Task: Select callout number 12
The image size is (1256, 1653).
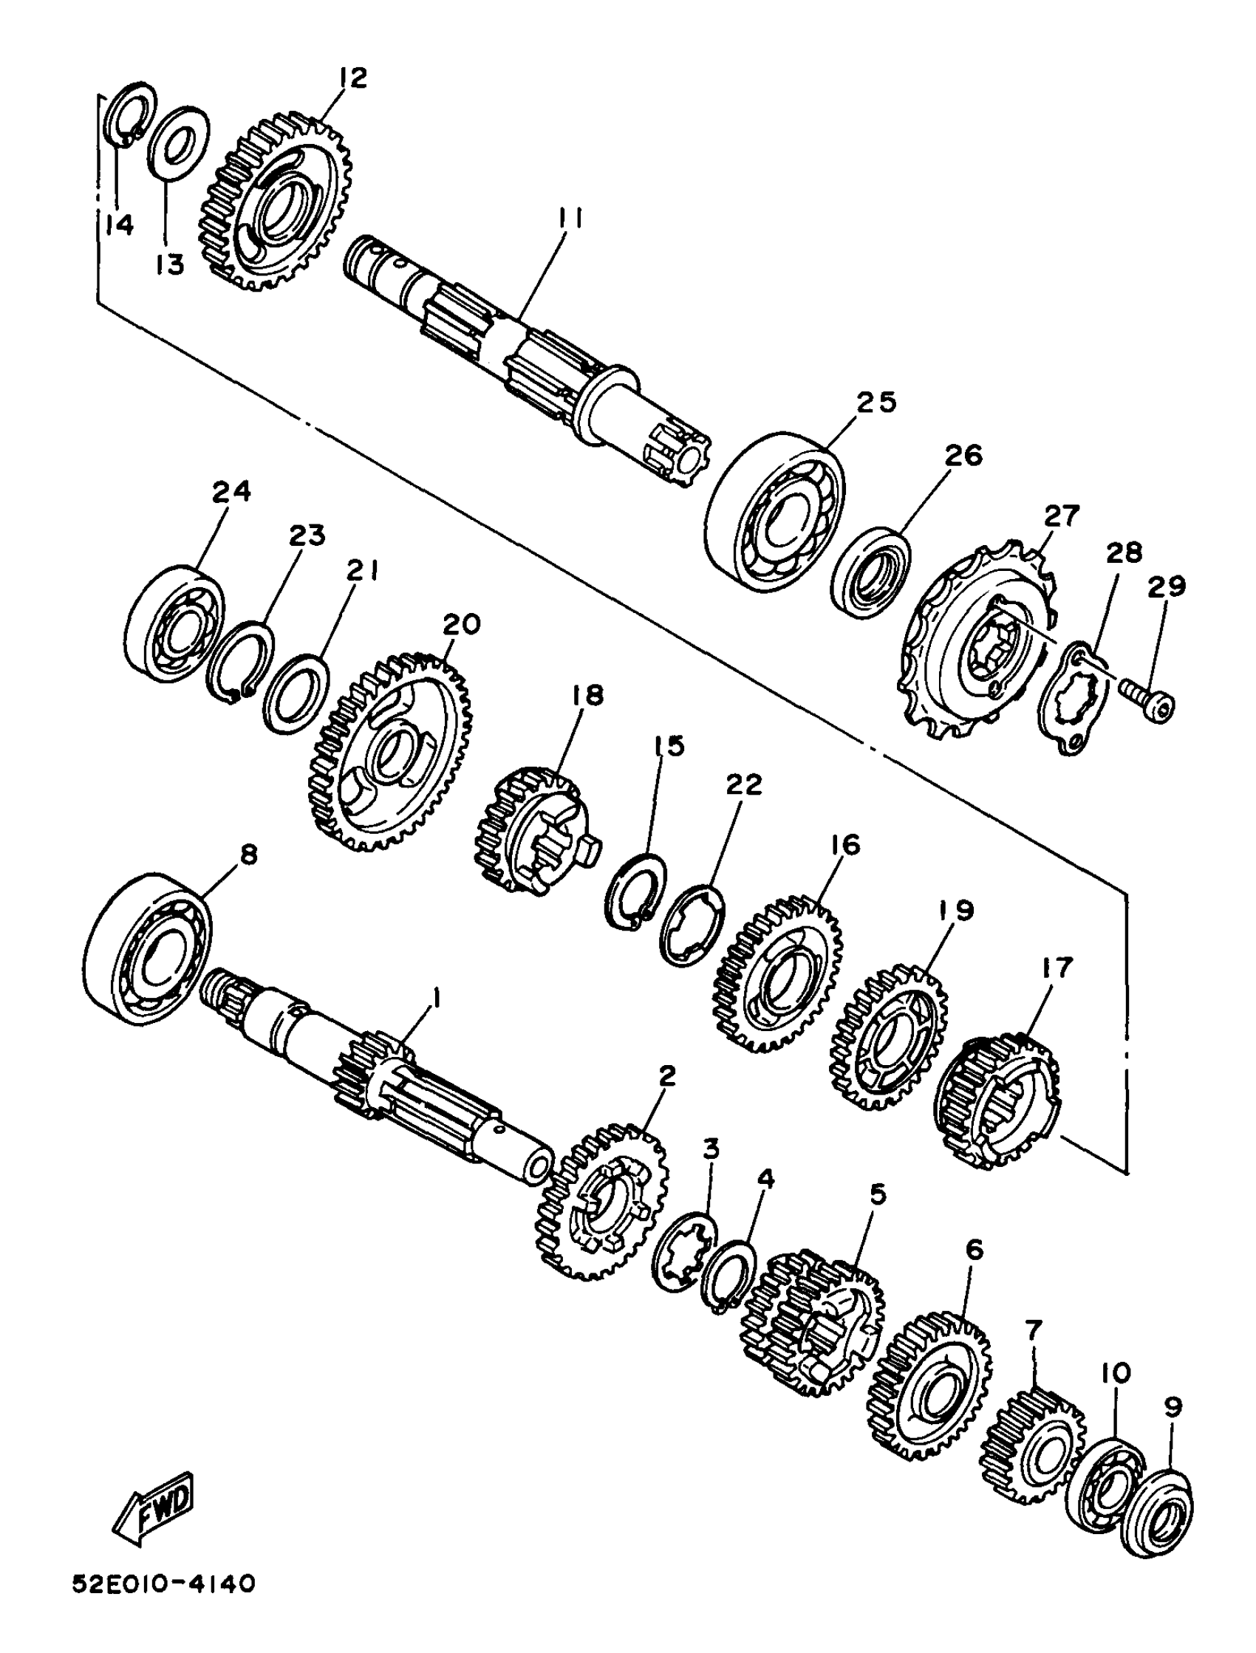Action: [x=353, y=78]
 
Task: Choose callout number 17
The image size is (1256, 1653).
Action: [x=1056, y=968]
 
